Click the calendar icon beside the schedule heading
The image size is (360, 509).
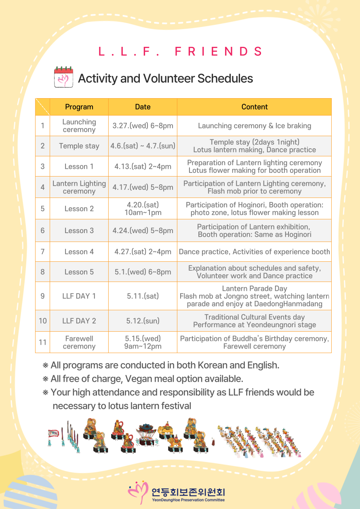point(63,77)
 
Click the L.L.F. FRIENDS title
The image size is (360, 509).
point(181,52)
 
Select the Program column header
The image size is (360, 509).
point(79,107)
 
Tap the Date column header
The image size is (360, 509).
point(143,107)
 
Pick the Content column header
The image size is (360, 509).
point(255,107)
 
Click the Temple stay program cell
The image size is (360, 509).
point(79,146)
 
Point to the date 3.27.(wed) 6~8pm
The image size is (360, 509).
point(143,126)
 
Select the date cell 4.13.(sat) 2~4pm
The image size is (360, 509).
point(143,166)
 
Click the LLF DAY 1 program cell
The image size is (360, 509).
point(79,296)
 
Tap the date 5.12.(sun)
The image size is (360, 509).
point(143,321)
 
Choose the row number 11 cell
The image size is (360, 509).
point(42,342)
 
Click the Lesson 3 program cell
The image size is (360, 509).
point(79,231)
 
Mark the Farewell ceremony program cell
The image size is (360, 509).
point(79,342)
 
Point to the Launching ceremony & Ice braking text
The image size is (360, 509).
point(255,126)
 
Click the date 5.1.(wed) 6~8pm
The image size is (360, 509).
point(143,272)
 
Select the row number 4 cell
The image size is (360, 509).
point(42,187)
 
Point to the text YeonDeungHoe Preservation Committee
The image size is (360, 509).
point(188,500)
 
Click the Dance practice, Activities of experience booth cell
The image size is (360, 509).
point(255,252)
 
